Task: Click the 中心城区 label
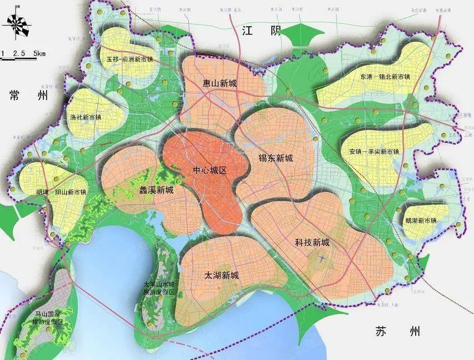210,171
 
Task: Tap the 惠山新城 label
219,84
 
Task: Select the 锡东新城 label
276,157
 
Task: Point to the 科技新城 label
312,243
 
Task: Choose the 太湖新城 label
221,276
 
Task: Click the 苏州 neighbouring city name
398,332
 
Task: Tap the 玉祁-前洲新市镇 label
129,59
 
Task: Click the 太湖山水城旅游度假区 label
159,287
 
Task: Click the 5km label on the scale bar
39,53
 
